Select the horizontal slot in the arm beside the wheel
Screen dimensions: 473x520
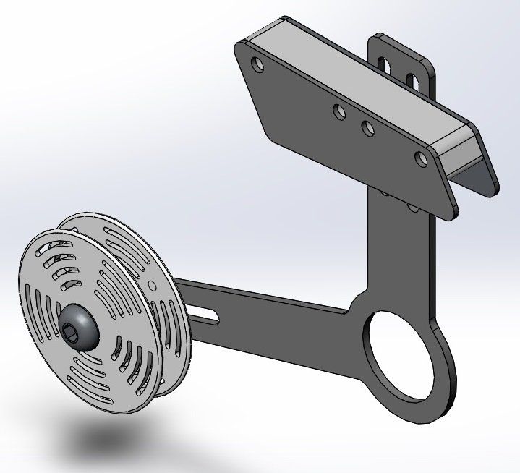pyautogui.click(x=207, y=313)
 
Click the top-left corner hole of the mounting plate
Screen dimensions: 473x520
pyautogui.click(x=257, y=64)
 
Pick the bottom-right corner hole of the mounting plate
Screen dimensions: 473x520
pyautogui.click(x=421, y=158)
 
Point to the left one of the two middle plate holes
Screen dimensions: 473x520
pyautogui.click(x=338, y=111)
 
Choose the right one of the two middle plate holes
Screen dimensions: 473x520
pyautogui.click(x=367, y=128)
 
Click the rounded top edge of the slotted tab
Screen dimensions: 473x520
pyautogui.click(x=401, y=39)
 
